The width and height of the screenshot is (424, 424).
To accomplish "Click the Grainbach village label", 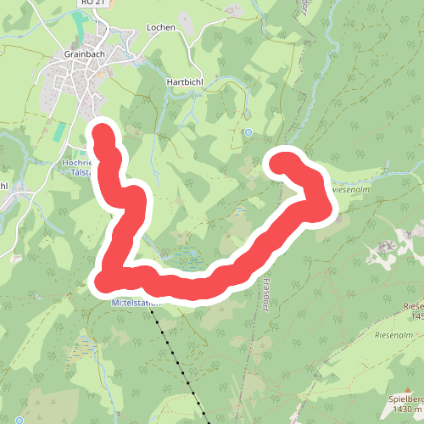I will [84, 53].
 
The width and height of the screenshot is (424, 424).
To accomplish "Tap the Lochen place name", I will [160, 27].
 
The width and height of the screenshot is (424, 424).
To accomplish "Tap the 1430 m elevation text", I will [405, 410].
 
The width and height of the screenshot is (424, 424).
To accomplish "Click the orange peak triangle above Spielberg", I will [408, 388].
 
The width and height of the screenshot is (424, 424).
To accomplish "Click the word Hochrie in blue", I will [77, 161].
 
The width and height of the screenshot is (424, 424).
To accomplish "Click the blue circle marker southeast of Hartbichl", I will [248, 132].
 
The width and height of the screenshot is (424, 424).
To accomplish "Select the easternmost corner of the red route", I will [321, 204].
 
